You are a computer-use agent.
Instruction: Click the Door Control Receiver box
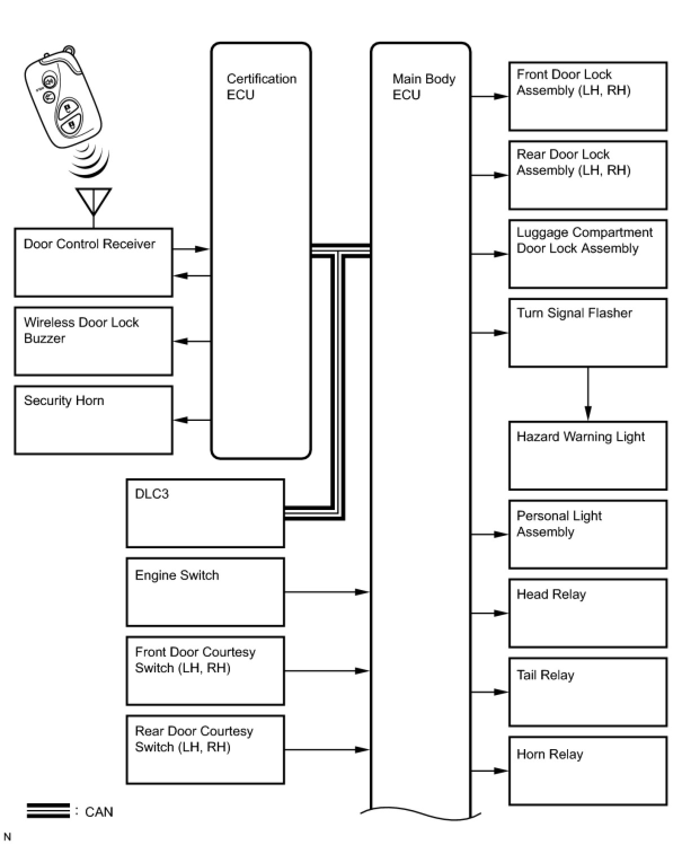tap(93, 262)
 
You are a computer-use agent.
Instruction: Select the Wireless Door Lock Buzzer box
tap(93, 341)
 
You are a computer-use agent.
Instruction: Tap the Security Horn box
tap(93, 420)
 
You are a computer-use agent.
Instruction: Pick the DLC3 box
tap(205, 513)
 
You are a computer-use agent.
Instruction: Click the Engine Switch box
tap(205, 592)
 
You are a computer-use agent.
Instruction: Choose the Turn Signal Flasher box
tap(588, 333)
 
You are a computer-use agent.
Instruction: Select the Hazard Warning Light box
tap(588, 455)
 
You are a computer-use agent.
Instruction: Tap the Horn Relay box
tap(588, 771)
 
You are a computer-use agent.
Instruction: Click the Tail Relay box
tap(588, 692)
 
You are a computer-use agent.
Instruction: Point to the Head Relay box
tap(588, 613)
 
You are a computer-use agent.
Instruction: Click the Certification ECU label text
tap(261, 87)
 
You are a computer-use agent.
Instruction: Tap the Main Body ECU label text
tap(423, 87)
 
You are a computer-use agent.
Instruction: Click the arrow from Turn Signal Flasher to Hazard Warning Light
tap(588, 394)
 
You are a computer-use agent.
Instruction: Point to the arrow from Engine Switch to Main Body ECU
tap(327, 592)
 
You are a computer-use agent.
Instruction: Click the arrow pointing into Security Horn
tap(192, 420)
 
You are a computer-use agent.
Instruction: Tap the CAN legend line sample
tap(48, 811)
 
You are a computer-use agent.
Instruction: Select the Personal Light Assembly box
tap(588, 534)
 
